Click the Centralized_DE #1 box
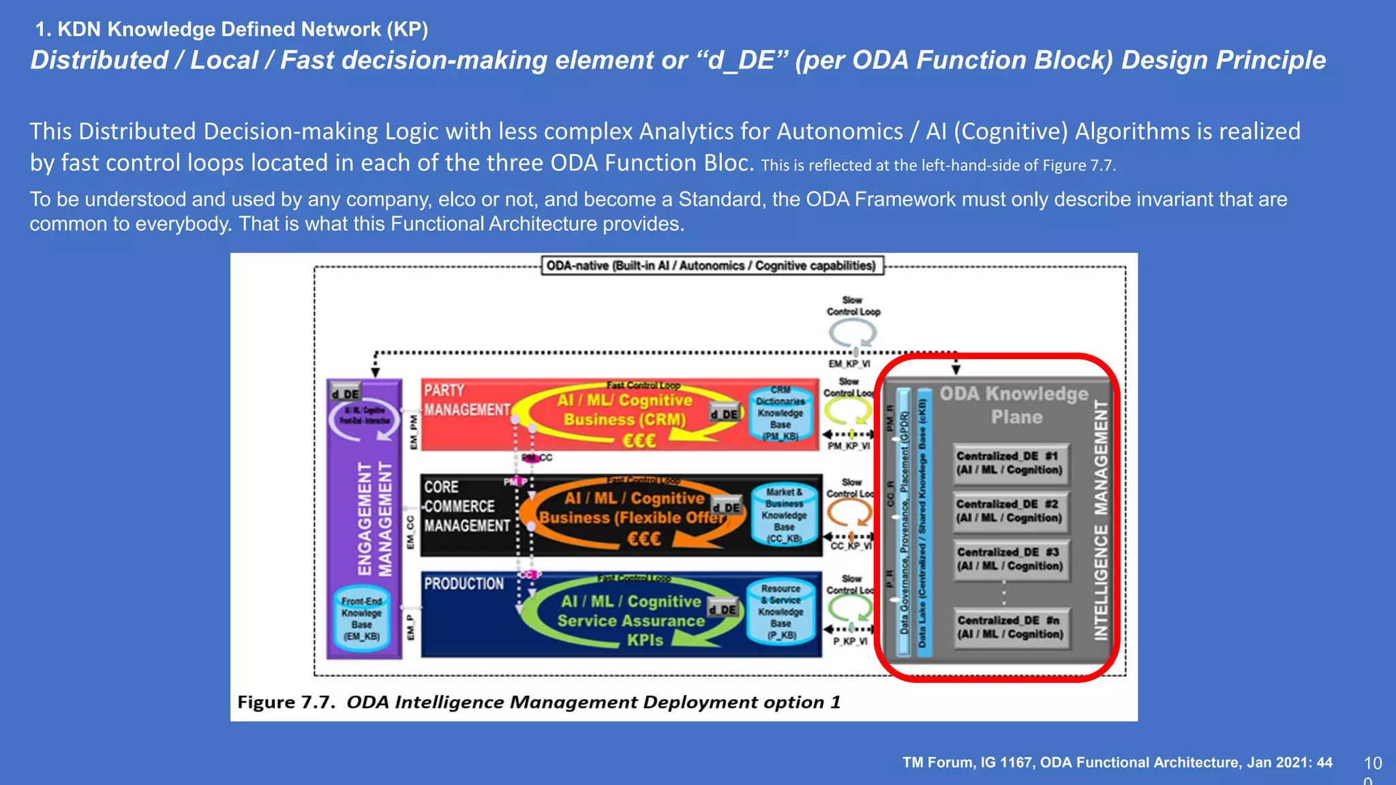[1010, 463]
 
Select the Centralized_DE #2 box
[1010, 511]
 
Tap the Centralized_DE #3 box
[1010, 559]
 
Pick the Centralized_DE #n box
[1010, 628]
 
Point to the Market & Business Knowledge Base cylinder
[784, 515]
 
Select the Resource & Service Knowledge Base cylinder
[780, 612]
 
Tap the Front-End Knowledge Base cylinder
[362, 619]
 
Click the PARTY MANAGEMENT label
[466, 400]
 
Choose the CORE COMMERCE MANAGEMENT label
[466, 506]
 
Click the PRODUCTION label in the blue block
[464, 584]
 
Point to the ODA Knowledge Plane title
[1015, 405]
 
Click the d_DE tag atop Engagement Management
[346, 393]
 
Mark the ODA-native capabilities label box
[711, 266]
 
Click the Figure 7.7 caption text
[538, 703]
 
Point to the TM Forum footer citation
[1117, 763]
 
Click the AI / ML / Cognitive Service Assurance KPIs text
[631, 621]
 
